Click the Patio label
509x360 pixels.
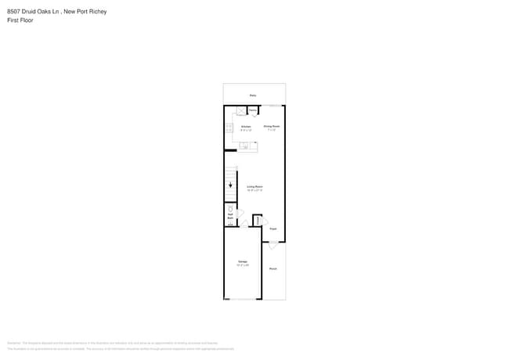pos(253,95)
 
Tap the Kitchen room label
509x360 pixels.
pos(246,127)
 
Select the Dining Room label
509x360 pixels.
pos(272,127)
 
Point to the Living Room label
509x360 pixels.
pos(254,187)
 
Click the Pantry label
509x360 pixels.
pos(254,111)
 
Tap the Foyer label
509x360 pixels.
pos(273,229)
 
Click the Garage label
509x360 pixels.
pos(243,262)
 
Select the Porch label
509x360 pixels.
pos(273,268)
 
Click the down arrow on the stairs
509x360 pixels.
pos(230,185)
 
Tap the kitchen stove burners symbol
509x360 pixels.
pos(229,128)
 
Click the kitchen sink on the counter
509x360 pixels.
pos(245,146)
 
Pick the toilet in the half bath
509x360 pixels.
pos(230,209)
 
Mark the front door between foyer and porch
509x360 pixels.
pos(273,243)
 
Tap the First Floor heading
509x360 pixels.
pos(20,21)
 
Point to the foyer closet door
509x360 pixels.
pos(264,221)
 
